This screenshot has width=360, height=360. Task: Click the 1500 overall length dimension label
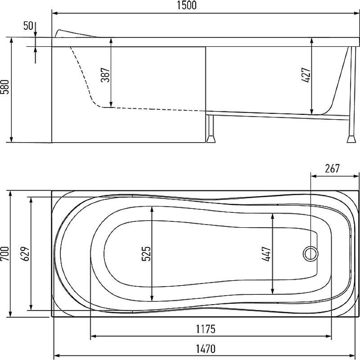pyautogui.click(x=187, y=5)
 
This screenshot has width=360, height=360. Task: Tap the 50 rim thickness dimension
pyautogui.click(x=28, y=26)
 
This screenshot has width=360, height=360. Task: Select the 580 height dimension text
pyautogui.click(x=4, y=87)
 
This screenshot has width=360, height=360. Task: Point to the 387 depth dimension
pyautogui.click(x=105, y=75)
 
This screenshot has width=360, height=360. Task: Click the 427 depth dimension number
pyautogui.click(x=306, y=75)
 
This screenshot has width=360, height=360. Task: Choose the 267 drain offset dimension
pyautogui.click(x=332, y=168)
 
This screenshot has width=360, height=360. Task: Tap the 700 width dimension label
pyautogui.click(x=4, y=253)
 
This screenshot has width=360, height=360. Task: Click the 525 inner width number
pyautogui.click(x=146, y=254)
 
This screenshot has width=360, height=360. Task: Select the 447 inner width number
pyautogui.click(x=266, y=254)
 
